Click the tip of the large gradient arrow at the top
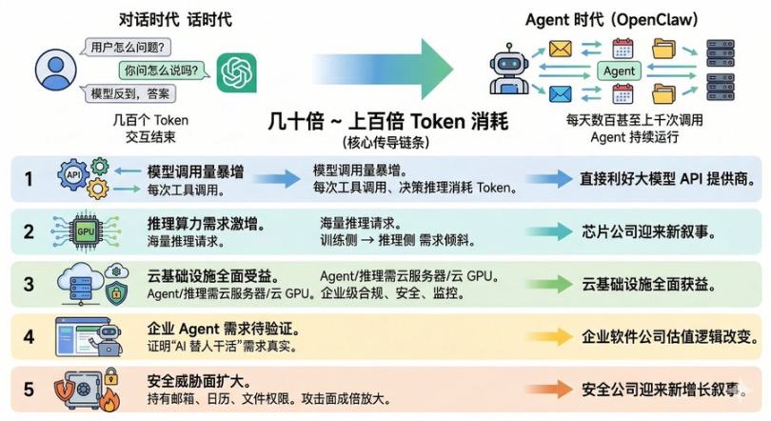click(453, 70)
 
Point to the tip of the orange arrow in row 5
click(573, 389)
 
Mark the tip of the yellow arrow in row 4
click(573, 336)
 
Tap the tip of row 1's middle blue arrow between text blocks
click(301, 179)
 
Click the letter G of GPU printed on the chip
click(80, 231)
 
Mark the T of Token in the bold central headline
click(415, 121)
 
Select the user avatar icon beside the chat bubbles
click(55, 70)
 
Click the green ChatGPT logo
click(236, 72)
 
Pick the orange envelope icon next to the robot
click(560, 50)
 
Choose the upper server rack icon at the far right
click(721, 53)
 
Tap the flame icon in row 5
click(109, 401)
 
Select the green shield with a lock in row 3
click(116, 293)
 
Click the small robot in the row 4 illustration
click(109, 338)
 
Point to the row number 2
click(29, 231)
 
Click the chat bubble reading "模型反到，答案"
click(129, 93)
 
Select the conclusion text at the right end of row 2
click(649, 231)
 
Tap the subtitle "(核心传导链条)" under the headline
click(386, 143)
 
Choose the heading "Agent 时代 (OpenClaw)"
click(612, 20)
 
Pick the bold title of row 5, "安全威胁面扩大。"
click(200, 381)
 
